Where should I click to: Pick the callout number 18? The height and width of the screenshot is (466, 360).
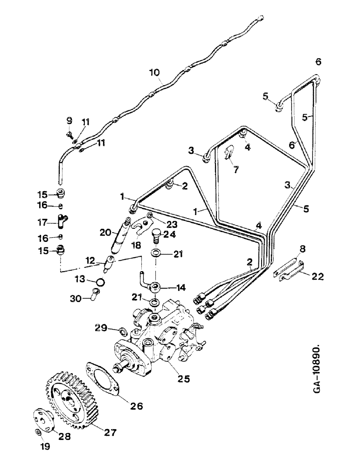[x=138, y=244]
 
